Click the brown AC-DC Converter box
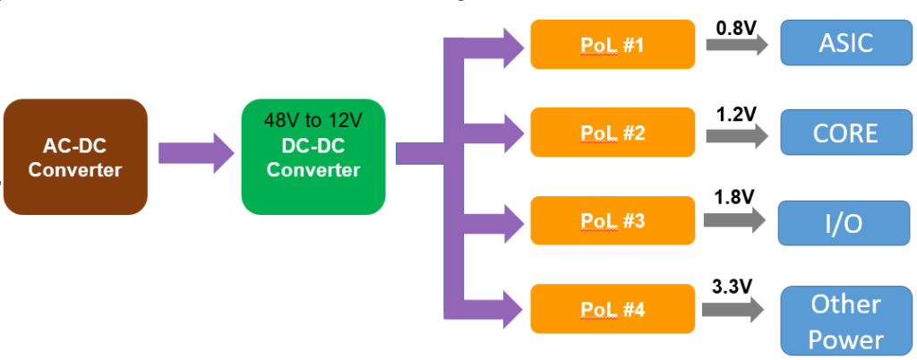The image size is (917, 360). click(x=75, y=157)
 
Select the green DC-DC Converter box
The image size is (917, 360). click(x=313, y=157)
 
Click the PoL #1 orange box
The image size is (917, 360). click(x=613, y=44)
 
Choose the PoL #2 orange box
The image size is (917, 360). click(x=613, y=133)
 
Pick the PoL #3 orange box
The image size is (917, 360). click(x=613, y=220)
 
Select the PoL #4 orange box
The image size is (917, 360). click(x=613, y=309)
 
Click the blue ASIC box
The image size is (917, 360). click(x=845, y=43)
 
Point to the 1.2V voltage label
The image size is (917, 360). click(x=736, y=114)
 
